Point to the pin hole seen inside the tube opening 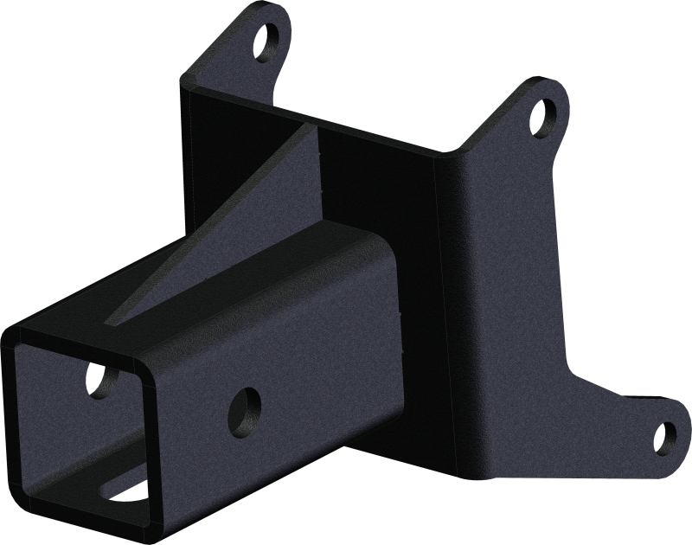point(102,378)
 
